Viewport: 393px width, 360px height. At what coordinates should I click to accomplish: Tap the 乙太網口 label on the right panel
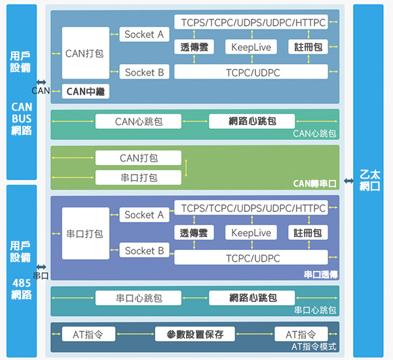click(371, 180)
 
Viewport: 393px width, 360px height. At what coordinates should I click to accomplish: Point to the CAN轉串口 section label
click(315, 184)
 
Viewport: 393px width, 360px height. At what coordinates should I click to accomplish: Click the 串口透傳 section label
click(320, 274)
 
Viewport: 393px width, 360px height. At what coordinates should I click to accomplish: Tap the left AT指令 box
click(88, 334)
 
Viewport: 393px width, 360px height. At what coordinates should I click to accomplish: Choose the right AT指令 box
click(301, 334)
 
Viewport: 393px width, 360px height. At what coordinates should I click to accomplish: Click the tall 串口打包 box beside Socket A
click(85, 234)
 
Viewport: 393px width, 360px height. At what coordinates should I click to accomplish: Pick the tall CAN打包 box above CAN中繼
click(85, 54)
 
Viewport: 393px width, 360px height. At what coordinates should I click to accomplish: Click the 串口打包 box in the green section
click(138, 177)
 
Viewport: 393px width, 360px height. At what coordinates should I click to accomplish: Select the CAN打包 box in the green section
click(138, 158)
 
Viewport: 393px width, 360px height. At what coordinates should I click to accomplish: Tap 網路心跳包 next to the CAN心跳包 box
click(252, 122)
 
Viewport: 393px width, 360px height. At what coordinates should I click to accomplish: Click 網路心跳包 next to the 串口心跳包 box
click(252, 298)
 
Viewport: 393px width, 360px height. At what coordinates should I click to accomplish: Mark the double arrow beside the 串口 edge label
click(41, 267)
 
